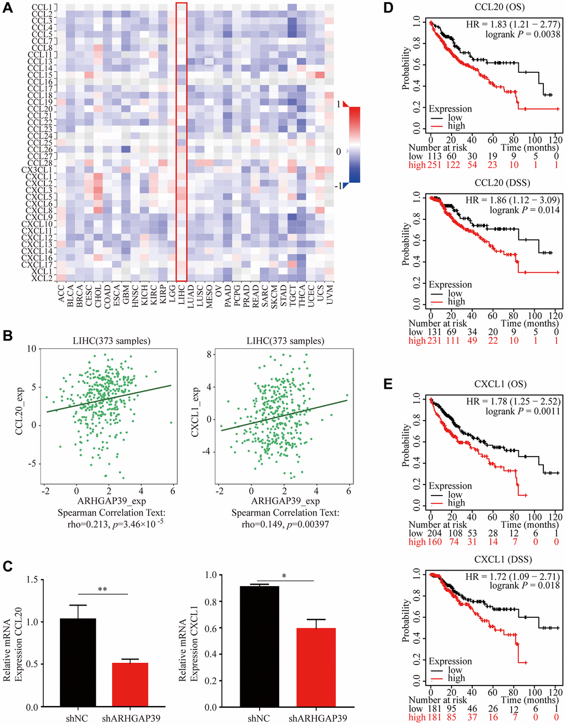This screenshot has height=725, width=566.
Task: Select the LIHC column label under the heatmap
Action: pyautogui.click(x=181, y=294)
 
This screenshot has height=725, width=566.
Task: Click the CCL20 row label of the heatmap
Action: pyautogui.click(x=42, y=109)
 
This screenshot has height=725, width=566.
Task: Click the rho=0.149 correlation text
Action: pyautogui.click(x=285, y=523)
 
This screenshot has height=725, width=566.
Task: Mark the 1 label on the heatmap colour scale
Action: pyautogui.click(x=338, y=104)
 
